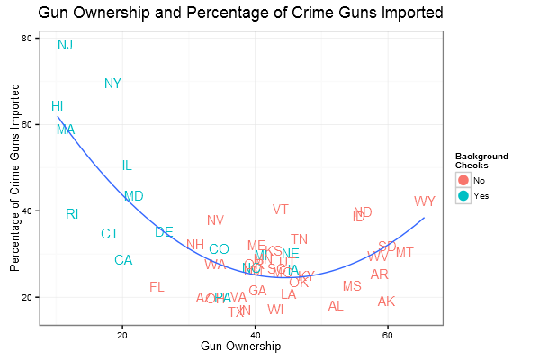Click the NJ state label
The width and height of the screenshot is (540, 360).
66,45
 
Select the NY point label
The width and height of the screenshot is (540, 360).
112,84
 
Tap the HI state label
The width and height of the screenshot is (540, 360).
57,106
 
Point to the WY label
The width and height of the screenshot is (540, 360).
424,202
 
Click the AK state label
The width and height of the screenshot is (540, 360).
386,301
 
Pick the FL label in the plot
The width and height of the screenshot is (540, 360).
157,287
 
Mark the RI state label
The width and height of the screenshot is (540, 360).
72,213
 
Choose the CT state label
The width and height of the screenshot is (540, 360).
110,234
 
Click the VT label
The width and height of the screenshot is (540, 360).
281,210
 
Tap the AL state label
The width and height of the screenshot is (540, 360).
336,306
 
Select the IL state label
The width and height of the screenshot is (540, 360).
127,166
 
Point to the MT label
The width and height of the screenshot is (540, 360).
405,253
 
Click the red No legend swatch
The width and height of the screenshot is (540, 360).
463,181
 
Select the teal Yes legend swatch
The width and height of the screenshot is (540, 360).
463,195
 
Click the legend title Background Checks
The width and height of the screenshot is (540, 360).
481,161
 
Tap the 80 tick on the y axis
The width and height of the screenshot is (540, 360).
27,39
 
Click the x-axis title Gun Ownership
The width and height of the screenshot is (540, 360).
240,346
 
